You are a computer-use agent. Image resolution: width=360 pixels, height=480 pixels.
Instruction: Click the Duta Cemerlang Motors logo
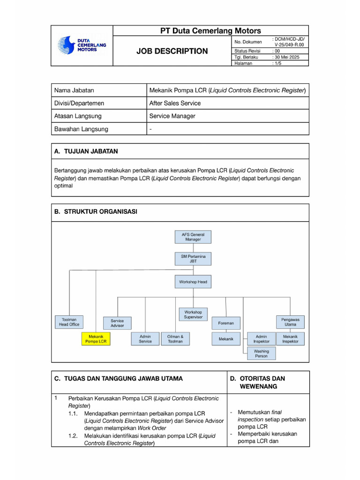(82, 45)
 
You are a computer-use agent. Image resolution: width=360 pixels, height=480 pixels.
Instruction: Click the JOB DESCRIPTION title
(172, 51)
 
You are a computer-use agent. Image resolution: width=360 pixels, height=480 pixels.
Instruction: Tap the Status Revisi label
(248, 51)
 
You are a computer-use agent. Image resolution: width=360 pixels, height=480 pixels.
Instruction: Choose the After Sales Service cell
(175, 103)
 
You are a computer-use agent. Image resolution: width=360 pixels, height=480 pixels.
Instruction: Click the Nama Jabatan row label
(74, 90)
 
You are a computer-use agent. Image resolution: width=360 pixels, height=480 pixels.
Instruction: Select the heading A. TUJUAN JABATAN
(86, 151)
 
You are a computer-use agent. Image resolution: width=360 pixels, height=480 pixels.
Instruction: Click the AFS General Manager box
(193, 236)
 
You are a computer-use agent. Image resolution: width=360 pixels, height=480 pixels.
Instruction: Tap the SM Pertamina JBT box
(193, 259)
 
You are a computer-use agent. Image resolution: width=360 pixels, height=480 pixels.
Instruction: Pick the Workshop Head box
(193, 282)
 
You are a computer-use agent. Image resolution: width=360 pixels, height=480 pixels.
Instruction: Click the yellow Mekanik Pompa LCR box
(96, 339)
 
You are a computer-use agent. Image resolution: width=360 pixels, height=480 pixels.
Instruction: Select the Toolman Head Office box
(69, 322)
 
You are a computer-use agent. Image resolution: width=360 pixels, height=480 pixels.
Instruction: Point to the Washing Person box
(261, 353)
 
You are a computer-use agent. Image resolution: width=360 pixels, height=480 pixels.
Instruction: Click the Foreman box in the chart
(225, 323)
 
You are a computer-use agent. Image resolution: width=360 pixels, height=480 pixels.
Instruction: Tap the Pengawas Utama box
(290, 322)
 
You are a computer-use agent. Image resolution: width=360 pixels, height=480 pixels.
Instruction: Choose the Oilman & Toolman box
(175, 339)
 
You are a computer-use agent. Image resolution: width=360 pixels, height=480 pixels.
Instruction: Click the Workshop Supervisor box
(193, 314)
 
